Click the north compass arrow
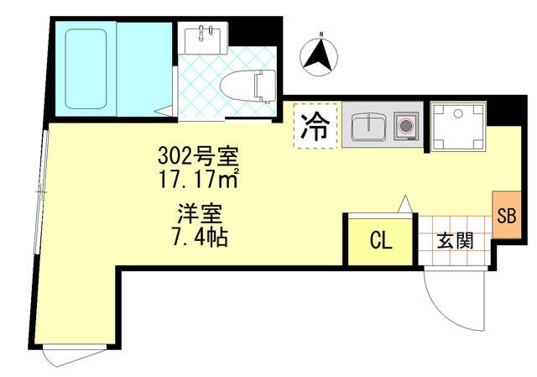[318, 56]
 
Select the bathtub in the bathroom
[85, 68]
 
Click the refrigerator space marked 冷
[315, 127]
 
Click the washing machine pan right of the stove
[457, 127]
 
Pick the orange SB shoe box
[506, 215]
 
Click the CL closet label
[380, 241]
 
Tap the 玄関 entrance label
[454, 241]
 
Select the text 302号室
[199, 156]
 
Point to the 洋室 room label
[199, 213]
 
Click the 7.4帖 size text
[199, 236]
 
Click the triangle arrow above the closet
[404, 204]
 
